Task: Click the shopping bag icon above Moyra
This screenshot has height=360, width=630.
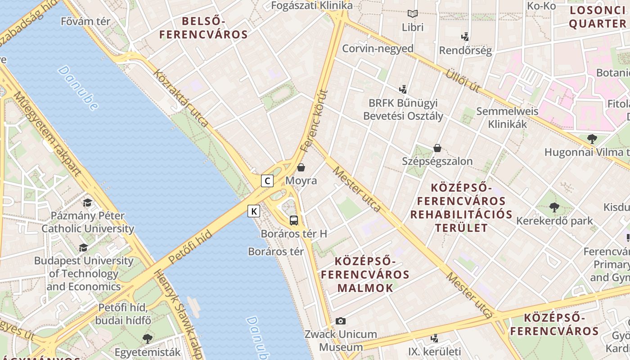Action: pyautogui.click(x=301, y=167)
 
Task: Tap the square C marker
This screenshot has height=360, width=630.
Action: pyautogui.click(x=267, y=181)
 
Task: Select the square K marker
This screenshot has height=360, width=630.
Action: pyautogui.click(x=254, y=211)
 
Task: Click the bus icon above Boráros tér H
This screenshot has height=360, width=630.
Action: pyautogui.click(x=294, y=220)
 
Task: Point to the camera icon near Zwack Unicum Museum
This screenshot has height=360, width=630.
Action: pyautogui.click(x=341, y=321)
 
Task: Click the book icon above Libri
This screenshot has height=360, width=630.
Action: pyautogui.click(x=413, y=14)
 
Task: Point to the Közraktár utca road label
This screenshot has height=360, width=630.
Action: pyautogui.click(x=181, y=97)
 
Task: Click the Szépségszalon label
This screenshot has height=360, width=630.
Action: pyautogui.click(x=437, y=161)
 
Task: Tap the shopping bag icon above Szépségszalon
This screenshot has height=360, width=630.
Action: pyautogui.click(x=437, y=148)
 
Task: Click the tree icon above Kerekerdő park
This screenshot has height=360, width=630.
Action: pyautogui.click(x=554, y=207)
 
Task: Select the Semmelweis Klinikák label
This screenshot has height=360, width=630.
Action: pyautogui.click(x=507, y=117)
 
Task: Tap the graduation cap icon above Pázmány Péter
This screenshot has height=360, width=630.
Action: pyautogui.click(x=87, y=202)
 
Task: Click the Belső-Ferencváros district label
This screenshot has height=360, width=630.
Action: pyautogui.click(x=203, y=27)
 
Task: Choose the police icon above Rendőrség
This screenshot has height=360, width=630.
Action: pyautogui.click(x=465, y=36)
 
